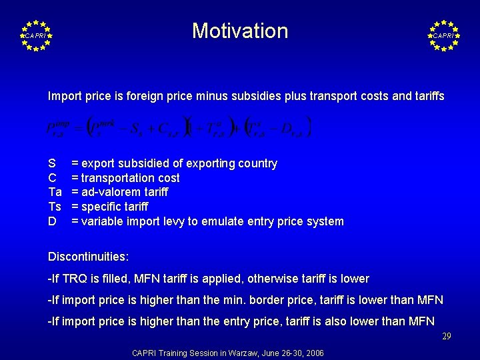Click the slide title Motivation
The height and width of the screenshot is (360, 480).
[240, 31]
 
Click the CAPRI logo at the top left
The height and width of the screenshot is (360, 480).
[35, 35]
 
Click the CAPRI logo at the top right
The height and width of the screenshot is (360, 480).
[444, 35]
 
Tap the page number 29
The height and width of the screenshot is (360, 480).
[447, 337]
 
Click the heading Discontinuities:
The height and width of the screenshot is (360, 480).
[89, 256]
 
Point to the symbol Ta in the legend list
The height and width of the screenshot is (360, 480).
[55, 192]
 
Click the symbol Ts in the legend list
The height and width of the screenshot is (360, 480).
[55, 207]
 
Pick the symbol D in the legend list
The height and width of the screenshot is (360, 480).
[52, 221]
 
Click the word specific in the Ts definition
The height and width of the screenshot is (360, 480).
[103, 207]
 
